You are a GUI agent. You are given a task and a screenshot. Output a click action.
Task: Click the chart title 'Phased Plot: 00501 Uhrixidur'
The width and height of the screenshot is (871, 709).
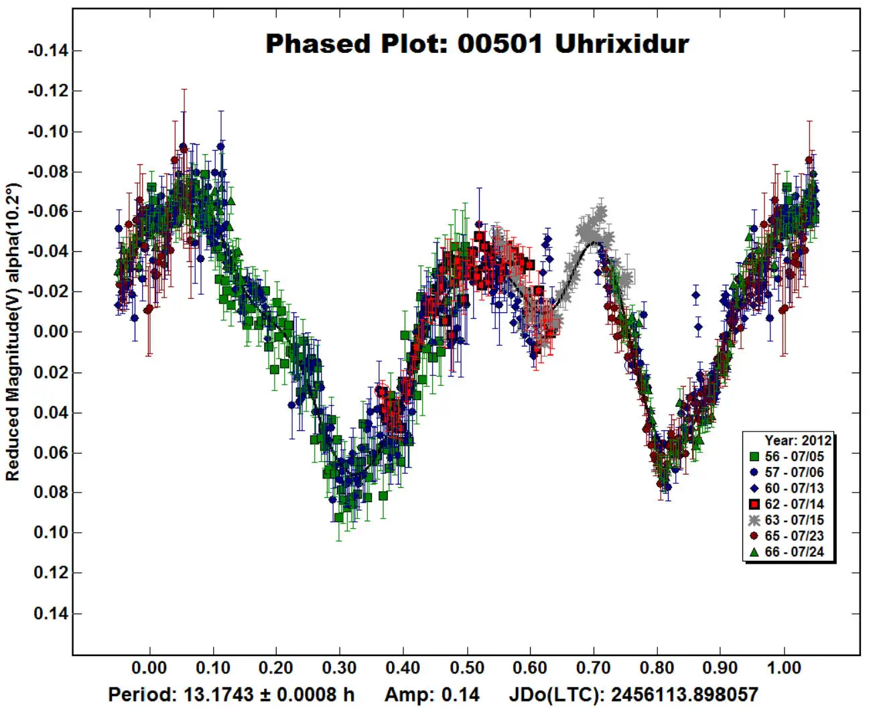click(477, 44)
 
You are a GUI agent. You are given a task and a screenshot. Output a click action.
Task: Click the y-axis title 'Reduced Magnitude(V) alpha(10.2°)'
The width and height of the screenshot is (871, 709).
click(13, 332)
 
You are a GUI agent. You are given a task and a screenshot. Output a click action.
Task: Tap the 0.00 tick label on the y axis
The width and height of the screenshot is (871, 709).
click(51, 332)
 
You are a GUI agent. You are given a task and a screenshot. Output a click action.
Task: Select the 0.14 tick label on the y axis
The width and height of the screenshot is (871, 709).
click(51, 613)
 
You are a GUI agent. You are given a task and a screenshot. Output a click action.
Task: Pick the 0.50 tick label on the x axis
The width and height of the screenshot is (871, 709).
click(466, 668)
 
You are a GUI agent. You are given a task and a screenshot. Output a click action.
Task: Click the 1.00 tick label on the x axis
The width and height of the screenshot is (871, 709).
click(783, 668)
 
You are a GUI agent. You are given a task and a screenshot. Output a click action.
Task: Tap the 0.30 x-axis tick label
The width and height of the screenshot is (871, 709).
click(340, 668)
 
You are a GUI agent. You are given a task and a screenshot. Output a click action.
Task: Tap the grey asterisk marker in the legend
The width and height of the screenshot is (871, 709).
click(754, 520)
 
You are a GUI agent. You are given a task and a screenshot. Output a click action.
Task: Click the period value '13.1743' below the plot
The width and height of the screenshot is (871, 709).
click(219, 694)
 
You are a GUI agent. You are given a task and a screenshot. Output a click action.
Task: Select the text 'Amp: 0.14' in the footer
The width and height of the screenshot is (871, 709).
click(432, 694)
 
